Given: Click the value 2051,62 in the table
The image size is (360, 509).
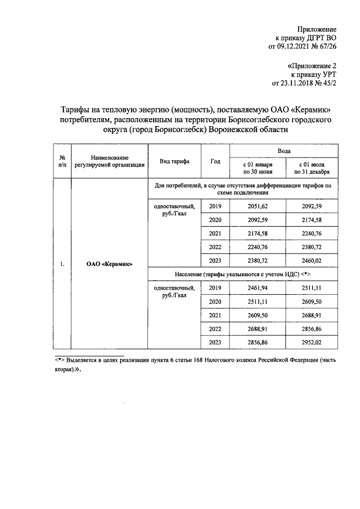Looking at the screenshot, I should click(258, 206).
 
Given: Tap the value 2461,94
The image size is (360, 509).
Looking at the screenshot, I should click(258, 288).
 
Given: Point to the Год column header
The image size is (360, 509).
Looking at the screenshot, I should click(215, 161).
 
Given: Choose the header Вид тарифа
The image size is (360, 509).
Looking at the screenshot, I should click(174, 161).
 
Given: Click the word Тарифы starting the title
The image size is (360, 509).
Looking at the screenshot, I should click(76, 110).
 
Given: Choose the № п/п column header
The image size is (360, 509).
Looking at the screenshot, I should click(62, 161).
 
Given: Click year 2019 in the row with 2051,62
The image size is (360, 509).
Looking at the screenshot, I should click(215, 206).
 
